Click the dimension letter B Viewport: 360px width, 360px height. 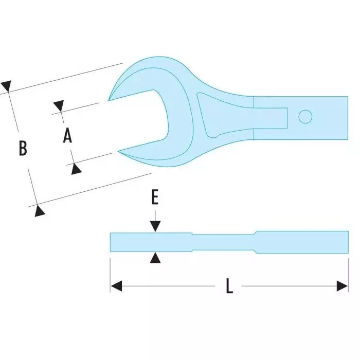[23, 149]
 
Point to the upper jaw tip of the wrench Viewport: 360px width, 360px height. [110, 99]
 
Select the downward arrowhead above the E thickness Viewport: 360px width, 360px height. [155, 226]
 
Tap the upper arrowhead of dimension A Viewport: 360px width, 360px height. [59, 106]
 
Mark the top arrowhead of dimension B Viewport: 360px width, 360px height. [6, 86]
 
